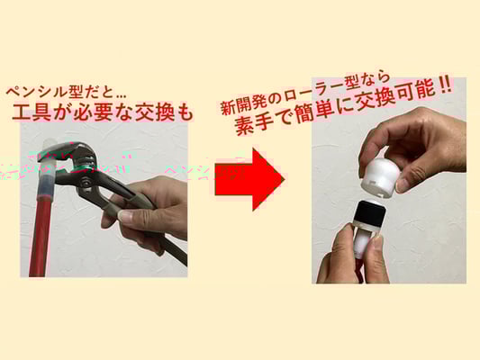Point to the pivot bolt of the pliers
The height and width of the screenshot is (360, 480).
click(x=86, y=183)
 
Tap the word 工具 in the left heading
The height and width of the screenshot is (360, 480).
click(x=32, y=112)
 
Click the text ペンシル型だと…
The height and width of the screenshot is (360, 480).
click(x=66, y=93)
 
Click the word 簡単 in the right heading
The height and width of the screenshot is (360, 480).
click(x=316, y=112)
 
